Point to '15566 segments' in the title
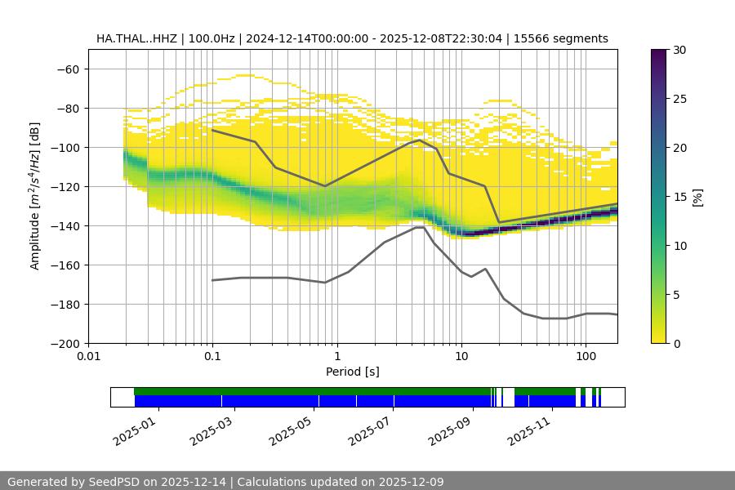[568, 38]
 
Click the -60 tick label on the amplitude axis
[66, 69]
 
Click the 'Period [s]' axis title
[353, 372]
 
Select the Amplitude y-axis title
[35, 196]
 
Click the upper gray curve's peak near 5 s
[420, 140]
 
